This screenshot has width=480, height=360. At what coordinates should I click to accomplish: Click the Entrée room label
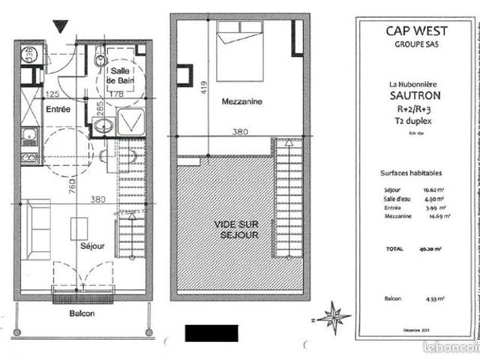(x=58, y=109)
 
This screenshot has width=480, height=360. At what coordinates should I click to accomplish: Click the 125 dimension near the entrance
(x=52, y=94)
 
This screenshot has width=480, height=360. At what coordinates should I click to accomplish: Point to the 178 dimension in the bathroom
(x=136, y=94)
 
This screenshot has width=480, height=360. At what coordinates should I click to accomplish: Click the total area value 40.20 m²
(x=430, y=247)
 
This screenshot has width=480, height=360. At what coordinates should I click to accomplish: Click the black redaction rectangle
(x=211, y=333)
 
